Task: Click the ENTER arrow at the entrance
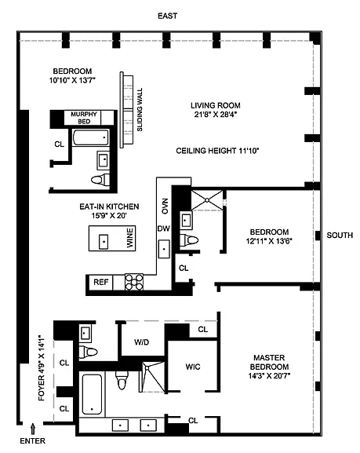[x=33, y=429]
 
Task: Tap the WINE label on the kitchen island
[x=130, y=238]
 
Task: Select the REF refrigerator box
[x=101, y=282]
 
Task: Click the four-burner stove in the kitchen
[x=134, y=282]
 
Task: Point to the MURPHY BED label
[x=84, y=118]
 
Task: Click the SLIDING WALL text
[x=140, y=110]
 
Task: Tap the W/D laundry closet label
[x=141, y=342]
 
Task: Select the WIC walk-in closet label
[x=193, y=367]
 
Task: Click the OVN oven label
[x=165, y=206]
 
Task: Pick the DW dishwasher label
[x=164, y=228]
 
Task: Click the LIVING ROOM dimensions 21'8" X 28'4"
[x=216, y=115]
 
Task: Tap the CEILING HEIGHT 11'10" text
[x=217, y=151]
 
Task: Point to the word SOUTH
[x=340, y=236]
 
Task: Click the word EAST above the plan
[x=167, y=16]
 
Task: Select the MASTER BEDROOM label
[x=269, y=362]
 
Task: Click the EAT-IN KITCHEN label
[x=109, y=206]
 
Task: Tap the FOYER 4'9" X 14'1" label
[x=42, y=367]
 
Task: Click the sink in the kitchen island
[x=104, y=242]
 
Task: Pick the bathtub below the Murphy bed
[x=91, y=137]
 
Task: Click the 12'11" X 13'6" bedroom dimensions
[x=269, y=241]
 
